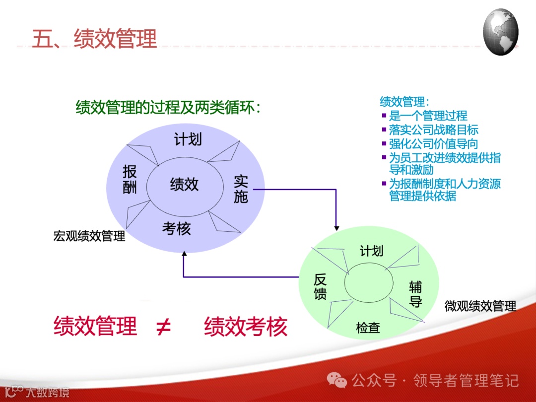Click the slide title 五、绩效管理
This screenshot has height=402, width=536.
point(94,38)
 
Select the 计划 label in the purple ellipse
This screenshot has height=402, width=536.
point(188,139)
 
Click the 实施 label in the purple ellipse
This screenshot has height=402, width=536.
point(241,189)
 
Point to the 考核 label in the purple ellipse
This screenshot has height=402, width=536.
point(176,229)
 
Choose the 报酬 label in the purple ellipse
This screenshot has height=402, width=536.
point(130,180)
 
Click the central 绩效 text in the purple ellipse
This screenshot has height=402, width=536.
point(184,185)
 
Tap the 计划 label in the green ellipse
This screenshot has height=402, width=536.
point(371,251)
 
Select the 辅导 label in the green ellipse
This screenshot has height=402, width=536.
point(415,294)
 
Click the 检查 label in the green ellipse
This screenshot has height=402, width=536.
point(368,328)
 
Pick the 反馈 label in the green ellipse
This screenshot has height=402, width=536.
point(321,287)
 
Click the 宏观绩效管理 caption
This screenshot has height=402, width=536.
point(89,236)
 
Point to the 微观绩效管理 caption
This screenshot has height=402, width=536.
point(480,306)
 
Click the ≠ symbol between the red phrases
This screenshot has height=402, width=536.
point(163,327)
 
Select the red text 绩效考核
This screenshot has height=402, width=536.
point(246,327)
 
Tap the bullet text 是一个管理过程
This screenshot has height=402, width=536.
point(428,116)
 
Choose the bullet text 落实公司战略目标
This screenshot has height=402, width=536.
point(434,130)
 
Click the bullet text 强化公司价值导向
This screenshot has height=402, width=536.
point(434,144)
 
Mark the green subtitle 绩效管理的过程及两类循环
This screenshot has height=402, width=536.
point(168,107)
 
